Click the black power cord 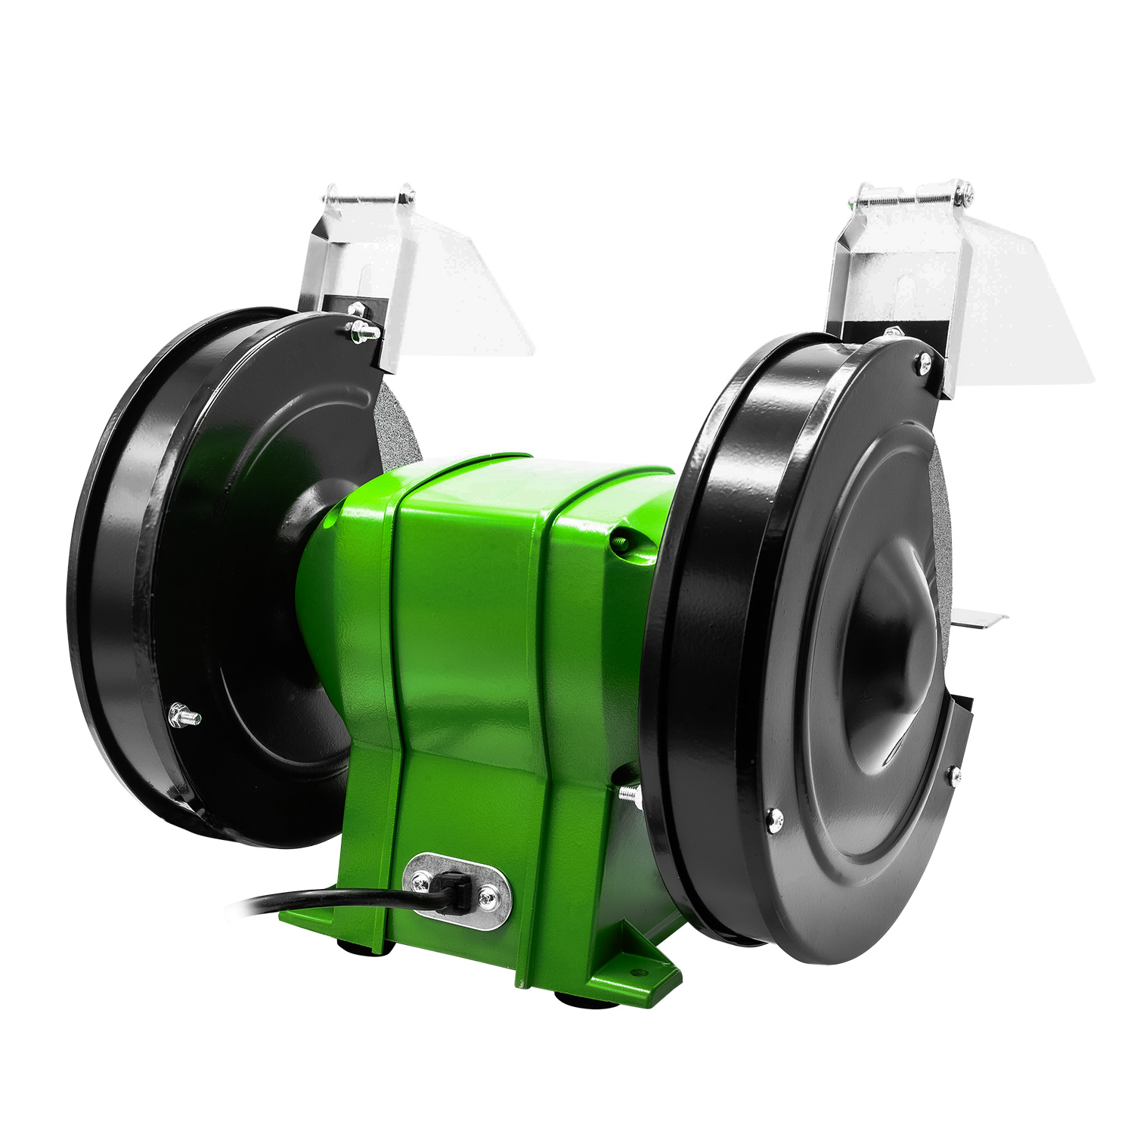pos(318,900)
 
